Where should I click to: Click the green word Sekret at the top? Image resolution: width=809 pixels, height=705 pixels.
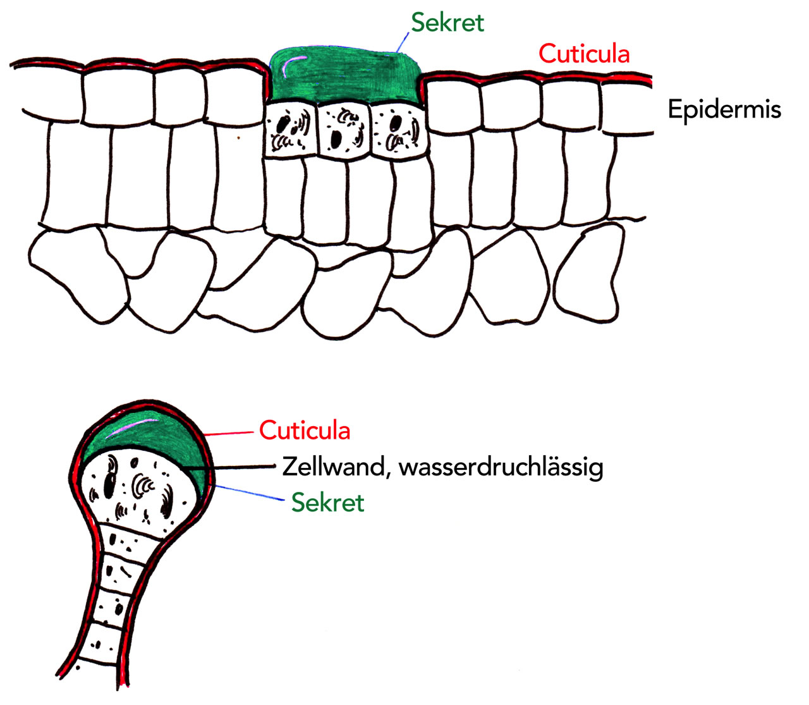pyautogui.click(x=447, y=23)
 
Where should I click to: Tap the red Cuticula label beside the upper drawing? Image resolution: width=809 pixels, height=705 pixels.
pyautogui.click(x=584, y=54)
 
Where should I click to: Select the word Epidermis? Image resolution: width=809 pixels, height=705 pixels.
pyautogui.click(x=724, y=109)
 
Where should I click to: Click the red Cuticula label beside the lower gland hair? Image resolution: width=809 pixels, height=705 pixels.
pyautogui.click(x=305, y=431)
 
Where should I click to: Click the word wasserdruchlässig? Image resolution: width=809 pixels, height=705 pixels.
pyautogui.click(x=501, y=468)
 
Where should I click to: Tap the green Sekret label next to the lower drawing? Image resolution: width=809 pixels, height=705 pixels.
pyautogui.click(x=327, y=503)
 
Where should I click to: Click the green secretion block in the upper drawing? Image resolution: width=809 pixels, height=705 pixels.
pyautogui.click(x=344, y=79)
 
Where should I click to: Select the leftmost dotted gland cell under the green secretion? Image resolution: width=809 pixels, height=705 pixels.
pyautogui.click(x=289, y=130)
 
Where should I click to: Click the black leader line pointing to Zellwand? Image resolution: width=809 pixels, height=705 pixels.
pyautogui.click(x=243, y=467)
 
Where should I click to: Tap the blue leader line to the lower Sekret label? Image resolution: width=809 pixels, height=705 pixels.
pyautogui.click(x=250, y=493)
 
